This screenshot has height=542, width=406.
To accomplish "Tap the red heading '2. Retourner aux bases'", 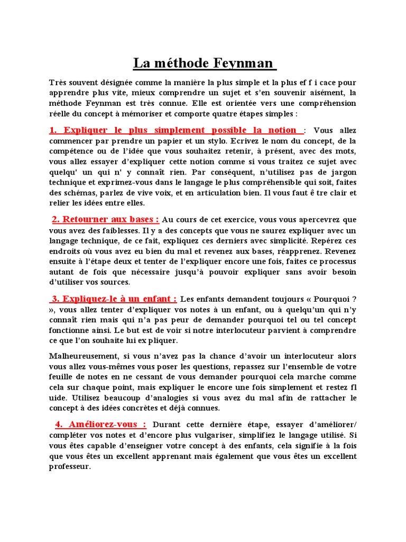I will (105, 219).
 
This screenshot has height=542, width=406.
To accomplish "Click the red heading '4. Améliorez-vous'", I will (100, 424).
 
